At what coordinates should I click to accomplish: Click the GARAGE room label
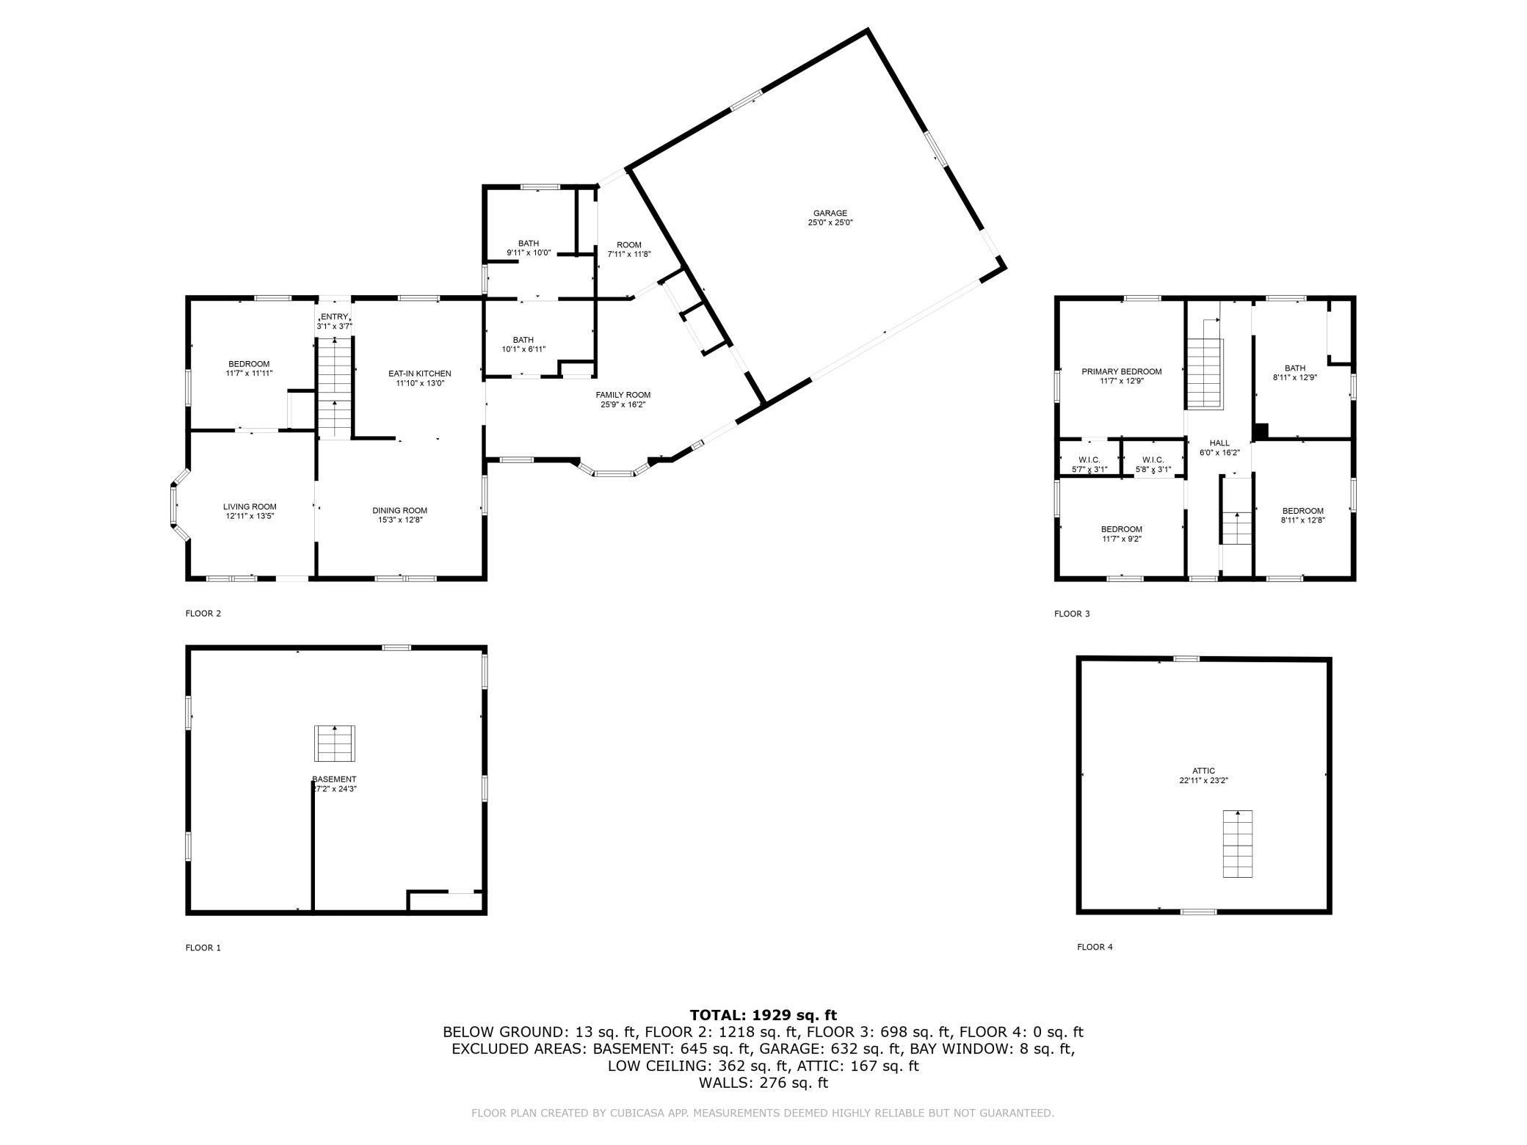(x=830, y=214)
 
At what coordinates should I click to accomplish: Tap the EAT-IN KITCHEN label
(x=420, y=374)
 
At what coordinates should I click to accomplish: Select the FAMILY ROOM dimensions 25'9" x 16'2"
(x=623, y=404)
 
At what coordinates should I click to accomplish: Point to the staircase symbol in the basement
(x=335, y=744)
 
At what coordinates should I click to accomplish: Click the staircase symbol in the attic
(x=1237, y=843)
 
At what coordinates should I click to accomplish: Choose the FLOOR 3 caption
(x=1072, y=614)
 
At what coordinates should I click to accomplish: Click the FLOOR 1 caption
(x=203, y=948)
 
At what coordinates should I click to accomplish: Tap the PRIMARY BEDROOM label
(x=1121, y=371)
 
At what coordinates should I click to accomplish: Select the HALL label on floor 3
(x=1219, y=443)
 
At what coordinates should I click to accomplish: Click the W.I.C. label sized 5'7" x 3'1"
(x=1089, y=460)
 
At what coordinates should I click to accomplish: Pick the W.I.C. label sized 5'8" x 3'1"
(x=1153, y=460)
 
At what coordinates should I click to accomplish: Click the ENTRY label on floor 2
(x=334, y=316)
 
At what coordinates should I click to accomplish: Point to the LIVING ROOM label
(x=250, y=506)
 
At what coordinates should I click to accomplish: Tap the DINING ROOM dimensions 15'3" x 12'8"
(x=399, y=520)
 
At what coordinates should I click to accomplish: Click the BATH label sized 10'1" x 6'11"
(x=523, y=340)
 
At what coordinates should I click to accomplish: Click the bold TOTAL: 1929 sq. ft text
(x=763, y=1015)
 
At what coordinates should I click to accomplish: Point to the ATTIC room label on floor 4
(x=1203, y=771)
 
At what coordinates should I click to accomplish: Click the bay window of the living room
(x=175, y=505)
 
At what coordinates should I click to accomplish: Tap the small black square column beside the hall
(x=1260, y=432)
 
